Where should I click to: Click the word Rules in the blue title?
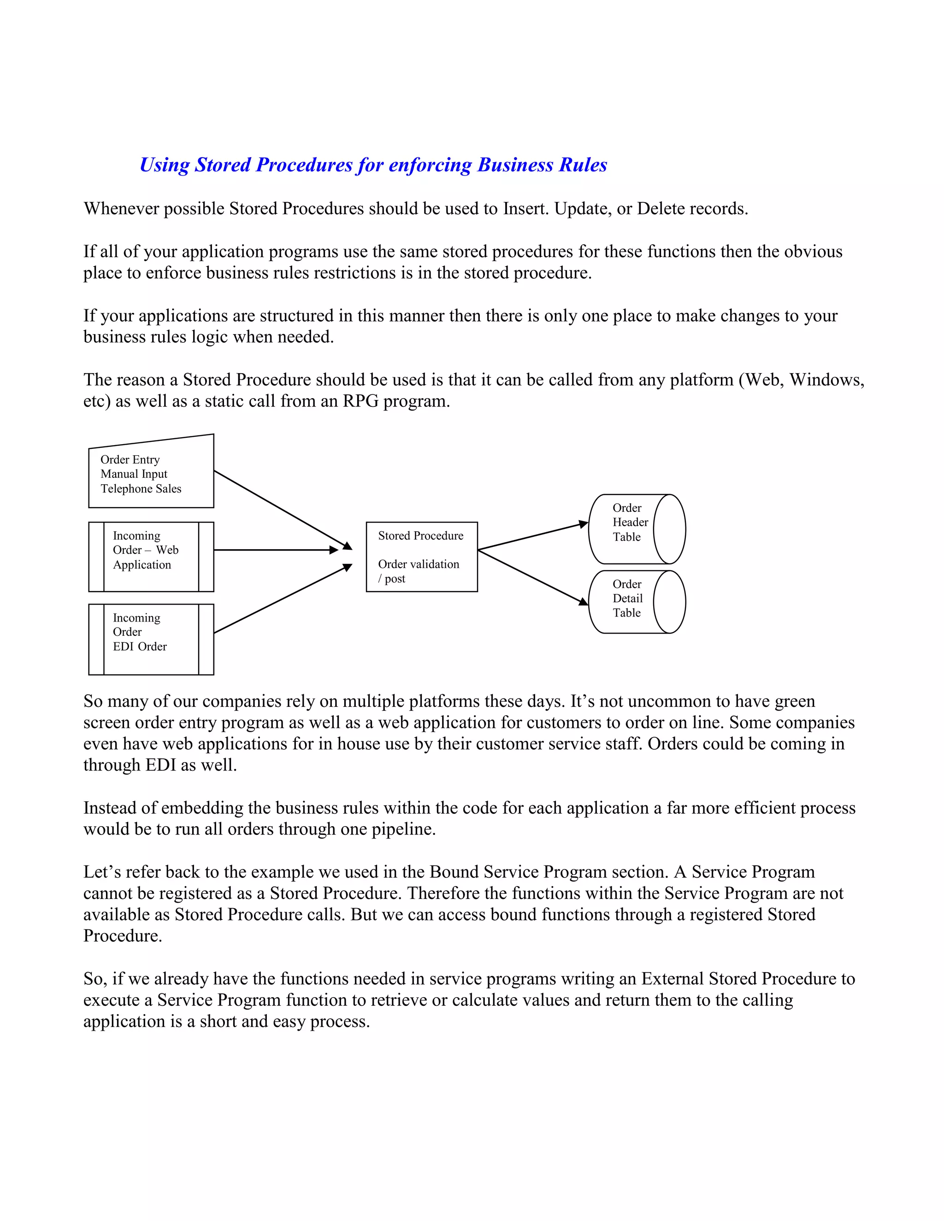(x=582, y=165)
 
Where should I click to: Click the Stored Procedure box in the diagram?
(x=422, y=557)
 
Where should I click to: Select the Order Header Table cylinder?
(x=637, y=529)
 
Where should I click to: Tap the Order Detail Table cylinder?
(x=637, y=602)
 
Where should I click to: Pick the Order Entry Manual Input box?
(x=151, y=475)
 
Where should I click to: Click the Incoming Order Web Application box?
(x=151, y=557)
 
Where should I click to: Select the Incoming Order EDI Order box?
(x=151, y=639)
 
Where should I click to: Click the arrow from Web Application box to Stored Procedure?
(x=274, y=550)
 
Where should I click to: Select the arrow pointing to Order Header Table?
(x=531, y=537)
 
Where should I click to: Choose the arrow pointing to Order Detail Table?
(x=531, y=577)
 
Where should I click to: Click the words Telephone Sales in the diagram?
(x=141, y=488)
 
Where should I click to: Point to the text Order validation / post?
(x=419, y=571)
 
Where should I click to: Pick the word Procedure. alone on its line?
(x=123, y=936)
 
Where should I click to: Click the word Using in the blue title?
(x=165, y=165)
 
